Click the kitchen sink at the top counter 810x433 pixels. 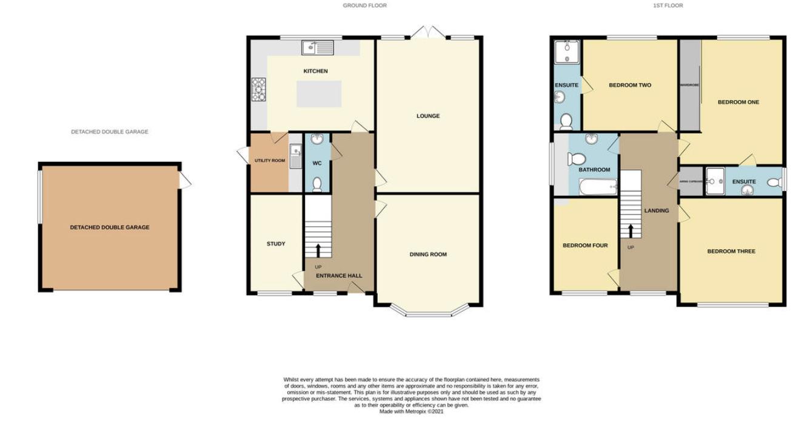coord(318,46)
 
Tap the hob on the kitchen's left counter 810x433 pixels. coord(258,89)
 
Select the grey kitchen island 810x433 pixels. coord(319,94)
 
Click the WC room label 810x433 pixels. coord(316,163)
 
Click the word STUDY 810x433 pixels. coord(276,244)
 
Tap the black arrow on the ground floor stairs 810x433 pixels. coord(318,250)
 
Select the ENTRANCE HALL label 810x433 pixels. coord(339,275)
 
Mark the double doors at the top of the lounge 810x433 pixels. coord(428,32)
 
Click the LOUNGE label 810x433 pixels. coord(428,116)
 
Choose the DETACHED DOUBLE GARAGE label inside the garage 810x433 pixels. coord(110,227)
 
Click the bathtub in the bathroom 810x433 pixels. coord(598,187)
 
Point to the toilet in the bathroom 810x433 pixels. coord(576,159)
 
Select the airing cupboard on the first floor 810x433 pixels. coord(692,181)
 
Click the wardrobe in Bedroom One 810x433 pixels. coord(689,85)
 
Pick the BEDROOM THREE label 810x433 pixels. coord(731,251)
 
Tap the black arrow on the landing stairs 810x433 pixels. coord(631,231)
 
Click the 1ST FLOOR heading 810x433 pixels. coord(668,5)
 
